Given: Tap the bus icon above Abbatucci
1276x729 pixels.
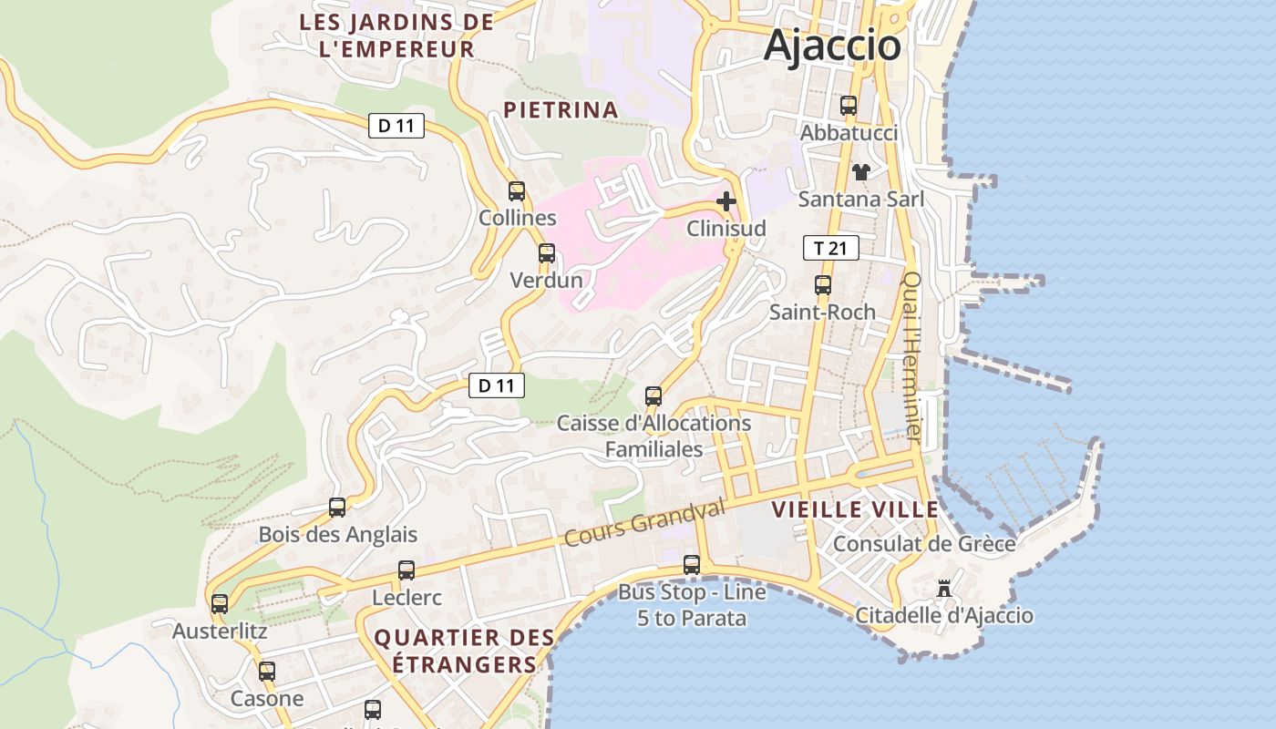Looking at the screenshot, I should click(849, 106).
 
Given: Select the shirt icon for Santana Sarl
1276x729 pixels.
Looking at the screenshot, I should click(861, 171).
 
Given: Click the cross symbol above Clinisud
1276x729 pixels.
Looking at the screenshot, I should click(726, 201).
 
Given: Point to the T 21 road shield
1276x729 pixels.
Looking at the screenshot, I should click(830, 248).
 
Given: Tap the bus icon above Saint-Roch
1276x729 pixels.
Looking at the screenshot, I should click(823, 285).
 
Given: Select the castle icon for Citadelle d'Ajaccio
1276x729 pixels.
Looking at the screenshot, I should click(944, 589).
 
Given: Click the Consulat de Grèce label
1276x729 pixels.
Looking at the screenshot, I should click(924, 544).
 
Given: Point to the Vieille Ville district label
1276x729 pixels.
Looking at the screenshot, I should click(855, 509).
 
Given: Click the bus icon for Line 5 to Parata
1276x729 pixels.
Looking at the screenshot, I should click(692, 565).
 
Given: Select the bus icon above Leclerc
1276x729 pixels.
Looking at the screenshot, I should click(406, 570).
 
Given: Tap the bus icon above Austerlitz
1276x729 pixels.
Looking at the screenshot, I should click(220, 603).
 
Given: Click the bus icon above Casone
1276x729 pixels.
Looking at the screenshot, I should click(266, 672).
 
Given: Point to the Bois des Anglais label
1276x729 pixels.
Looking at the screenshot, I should click(337, 535).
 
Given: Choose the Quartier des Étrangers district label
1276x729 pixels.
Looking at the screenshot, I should click(465, 651).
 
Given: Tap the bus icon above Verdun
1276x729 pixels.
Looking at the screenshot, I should click(546, 253).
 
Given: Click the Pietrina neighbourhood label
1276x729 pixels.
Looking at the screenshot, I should click(561, 110).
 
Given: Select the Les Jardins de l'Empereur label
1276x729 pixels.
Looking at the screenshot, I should click(396, 36).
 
